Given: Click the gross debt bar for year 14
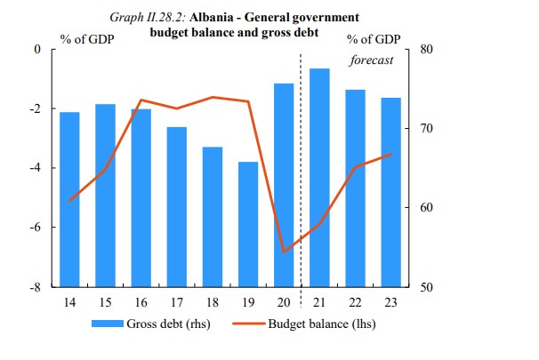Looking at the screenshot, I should click(69, 199).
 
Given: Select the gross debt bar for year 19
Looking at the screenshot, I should click(248, 224).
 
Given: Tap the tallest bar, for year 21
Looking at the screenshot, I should click(320, 178).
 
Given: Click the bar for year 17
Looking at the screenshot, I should click(177, 207).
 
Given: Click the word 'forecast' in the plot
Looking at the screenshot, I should click(371, 60).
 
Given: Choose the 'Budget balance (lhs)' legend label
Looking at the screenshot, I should click(322, 324).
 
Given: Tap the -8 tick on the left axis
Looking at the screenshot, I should click(36, 287).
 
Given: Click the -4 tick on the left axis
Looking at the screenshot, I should click(36, 168).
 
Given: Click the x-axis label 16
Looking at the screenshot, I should click(141, 303).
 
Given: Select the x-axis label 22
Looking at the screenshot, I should click(356, 303).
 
